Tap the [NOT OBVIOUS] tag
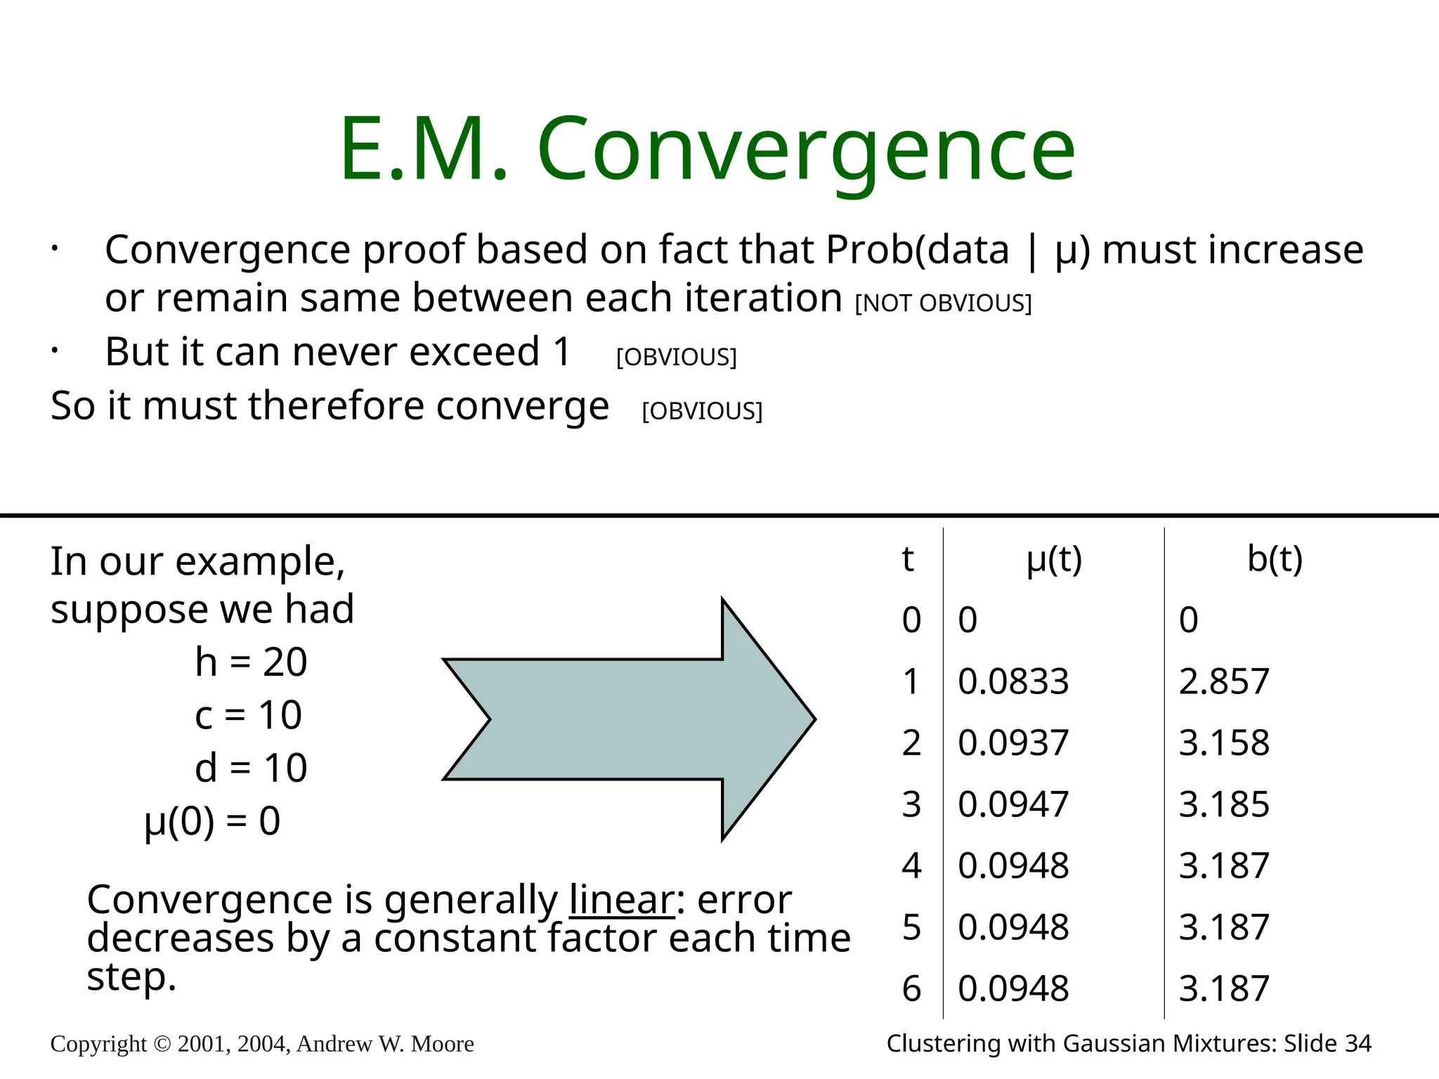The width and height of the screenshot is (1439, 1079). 943,303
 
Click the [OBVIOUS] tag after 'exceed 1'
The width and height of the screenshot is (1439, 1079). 676,358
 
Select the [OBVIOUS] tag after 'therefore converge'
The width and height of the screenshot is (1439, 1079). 702,411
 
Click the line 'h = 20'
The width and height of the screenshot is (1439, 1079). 251,662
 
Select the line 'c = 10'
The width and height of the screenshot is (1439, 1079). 248,715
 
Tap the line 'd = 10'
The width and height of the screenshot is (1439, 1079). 251,767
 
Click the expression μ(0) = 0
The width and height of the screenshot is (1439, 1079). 212,820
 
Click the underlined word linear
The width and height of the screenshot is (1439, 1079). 622,900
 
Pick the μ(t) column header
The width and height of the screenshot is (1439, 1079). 1054,560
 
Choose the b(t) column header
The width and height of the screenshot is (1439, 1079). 1275,560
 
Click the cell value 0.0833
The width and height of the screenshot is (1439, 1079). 1013,681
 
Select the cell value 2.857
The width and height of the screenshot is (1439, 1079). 1224,681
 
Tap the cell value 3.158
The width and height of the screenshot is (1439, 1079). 1224,743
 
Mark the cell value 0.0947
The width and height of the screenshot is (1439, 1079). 1013,804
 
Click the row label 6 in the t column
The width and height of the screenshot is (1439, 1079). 911,989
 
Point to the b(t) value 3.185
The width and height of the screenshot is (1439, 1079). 1224,804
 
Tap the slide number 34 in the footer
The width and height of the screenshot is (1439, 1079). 1357,1044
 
